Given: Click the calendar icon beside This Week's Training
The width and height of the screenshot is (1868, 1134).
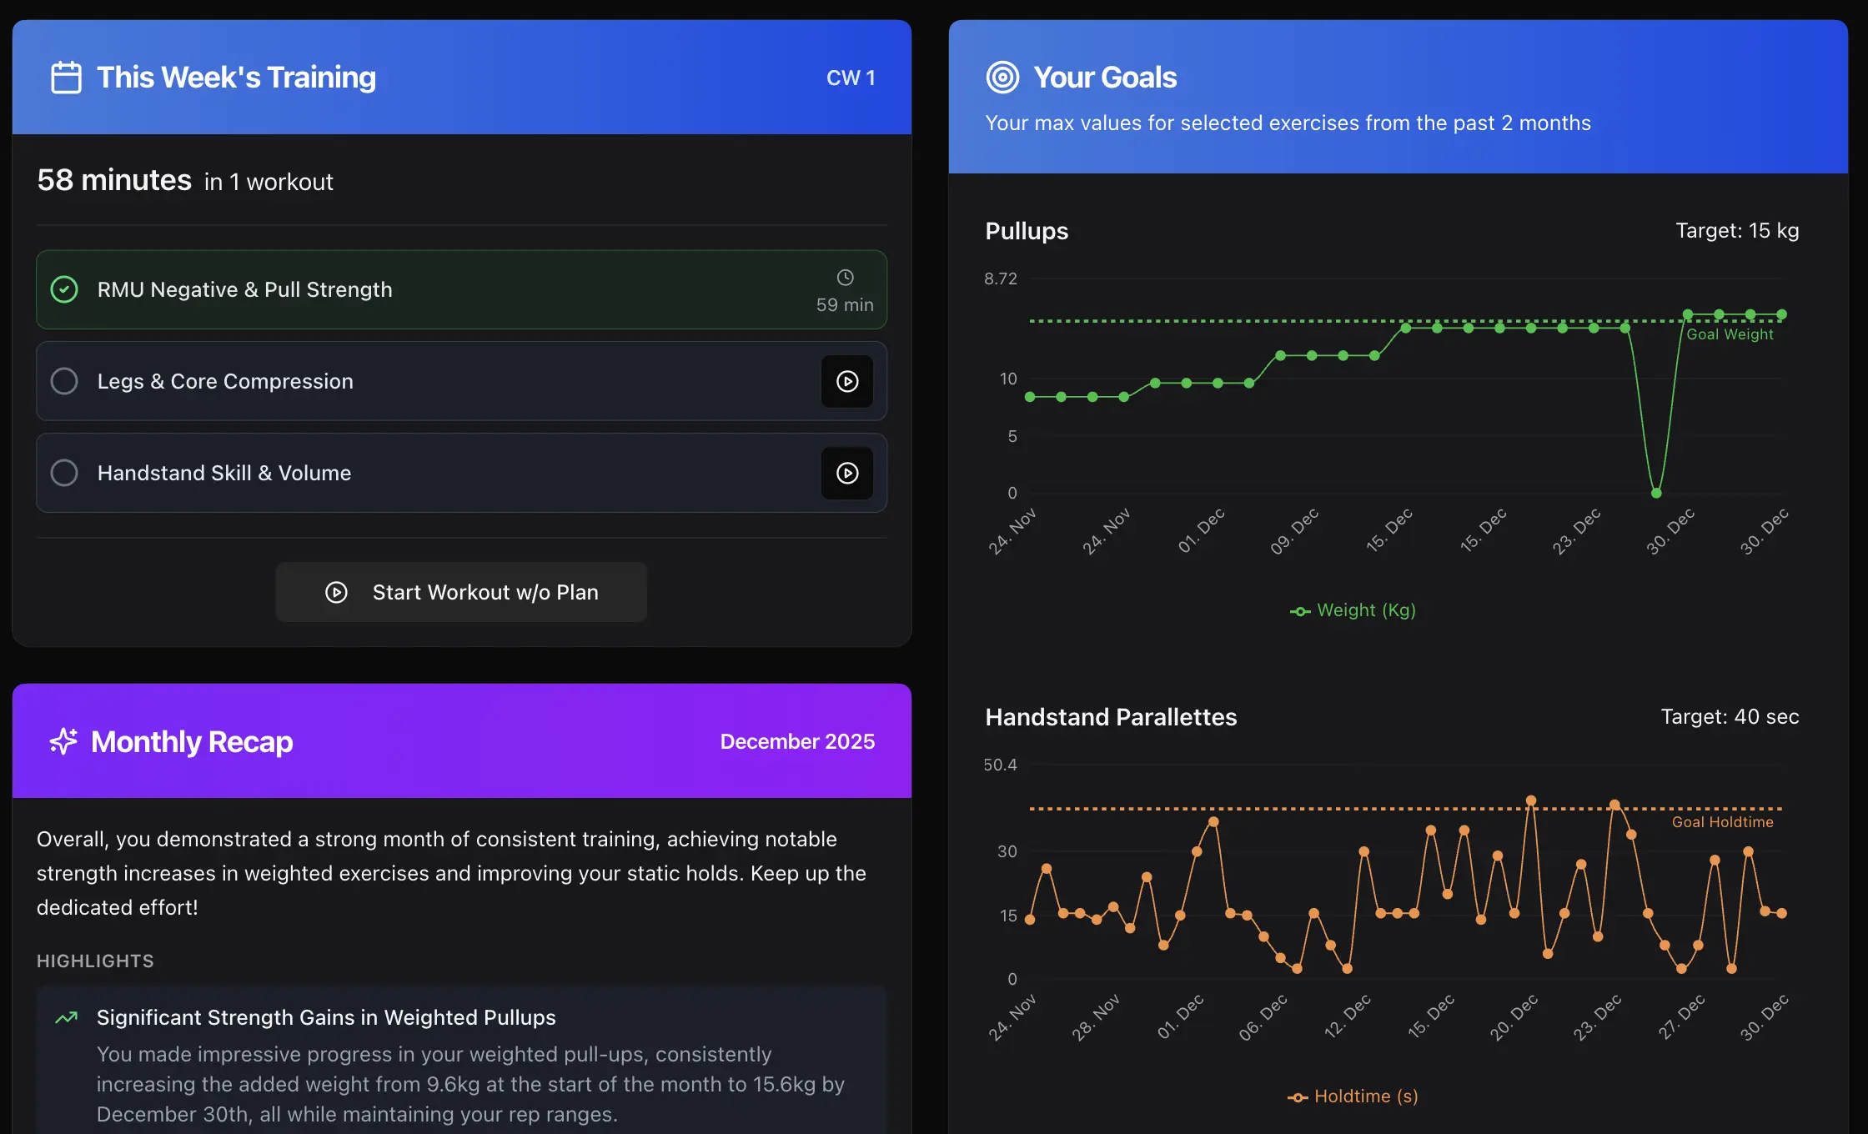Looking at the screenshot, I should pyautogui.click(x=66, y=78).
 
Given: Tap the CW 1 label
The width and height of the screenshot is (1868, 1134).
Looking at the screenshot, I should pyautogui.click(x=851, y=78).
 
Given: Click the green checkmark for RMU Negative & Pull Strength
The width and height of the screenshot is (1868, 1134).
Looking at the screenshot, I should pyautogui.click(x=64, y=289).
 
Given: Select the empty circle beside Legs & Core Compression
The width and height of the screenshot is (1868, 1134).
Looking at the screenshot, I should pyautogui.click(x=64, y=381).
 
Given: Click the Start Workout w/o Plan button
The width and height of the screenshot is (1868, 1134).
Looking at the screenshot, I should pyautogui.click(x=461, y=592).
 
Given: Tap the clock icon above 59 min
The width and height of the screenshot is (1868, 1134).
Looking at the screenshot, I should pyautogui.click(x=845, y=278).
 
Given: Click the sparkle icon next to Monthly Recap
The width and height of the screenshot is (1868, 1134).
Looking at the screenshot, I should pyautogui.click(x=63, y=741).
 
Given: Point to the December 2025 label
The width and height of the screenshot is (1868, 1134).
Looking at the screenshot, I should pyautogui.click(x=797, y=741).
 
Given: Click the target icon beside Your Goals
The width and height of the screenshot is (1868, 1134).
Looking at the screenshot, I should pyautogui.click(x=1002, y=78).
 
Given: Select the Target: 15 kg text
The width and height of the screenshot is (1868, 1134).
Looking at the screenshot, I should pyautogui.click(x=1737, y=231).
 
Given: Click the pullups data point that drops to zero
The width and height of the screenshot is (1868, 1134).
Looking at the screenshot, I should pyautogui.click(x=1656, y=493).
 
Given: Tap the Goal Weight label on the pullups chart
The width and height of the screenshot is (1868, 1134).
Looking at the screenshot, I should pyautogui.click(x=1730, y=334).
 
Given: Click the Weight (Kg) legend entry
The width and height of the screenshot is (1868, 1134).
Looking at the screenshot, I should pyautogui.click(x=1353, y=610).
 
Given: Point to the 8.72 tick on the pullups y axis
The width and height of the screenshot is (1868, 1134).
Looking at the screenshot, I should pyautogui.click(x=1001, y=278).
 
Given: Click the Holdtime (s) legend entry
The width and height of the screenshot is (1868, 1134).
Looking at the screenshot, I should pyautogui.click(x=1353, y=1096).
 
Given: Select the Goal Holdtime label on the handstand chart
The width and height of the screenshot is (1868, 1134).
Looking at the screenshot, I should pyautogui.click(x=1722, y=822).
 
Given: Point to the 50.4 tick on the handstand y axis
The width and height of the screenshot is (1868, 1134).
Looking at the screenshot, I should pyautogui.click(x=1000, y=765).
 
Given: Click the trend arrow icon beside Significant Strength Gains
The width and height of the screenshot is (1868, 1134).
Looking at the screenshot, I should pyautogui.click(x=66, y=1017).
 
